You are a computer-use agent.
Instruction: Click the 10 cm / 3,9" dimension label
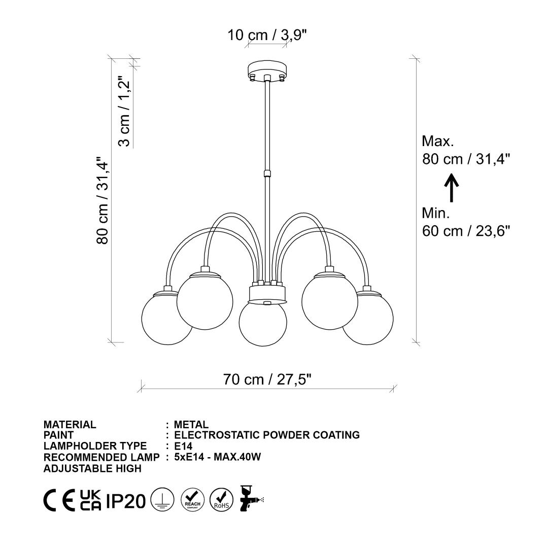267,35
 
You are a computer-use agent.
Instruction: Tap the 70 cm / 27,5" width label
267,379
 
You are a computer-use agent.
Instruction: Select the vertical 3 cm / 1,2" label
124,111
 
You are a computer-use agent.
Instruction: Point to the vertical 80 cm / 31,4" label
102,200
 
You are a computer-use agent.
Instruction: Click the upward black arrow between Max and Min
451,188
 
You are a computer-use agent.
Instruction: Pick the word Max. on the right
438,141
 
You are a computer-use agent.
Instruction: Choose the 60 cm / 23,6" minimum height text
466,231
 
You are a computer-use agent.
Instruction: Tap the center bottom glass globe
263,323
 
